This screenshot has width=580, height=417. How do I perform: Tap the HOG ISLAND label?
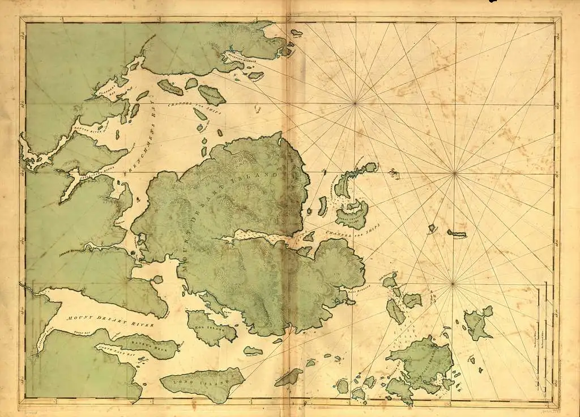click(208, 329)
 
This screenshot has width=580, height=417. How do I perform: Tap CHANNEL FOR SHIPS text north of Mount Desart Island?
click(190, 108)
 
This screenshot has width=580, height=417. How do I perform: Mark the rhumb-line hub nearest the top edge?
click(355, 103)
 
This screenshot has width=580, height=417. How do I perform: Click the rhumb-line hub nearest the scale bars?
click(453, 283)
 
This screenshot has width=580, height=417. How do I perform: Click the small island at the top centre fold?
click(296, 33)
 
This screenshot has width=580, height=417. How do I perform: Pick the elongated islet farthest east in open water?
click(457, 233)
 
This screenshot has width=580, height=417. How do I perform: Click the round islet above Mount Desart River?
click(157, 279)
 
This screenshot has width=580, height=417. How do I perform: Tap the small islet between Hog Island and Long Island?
click(253, 351)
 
